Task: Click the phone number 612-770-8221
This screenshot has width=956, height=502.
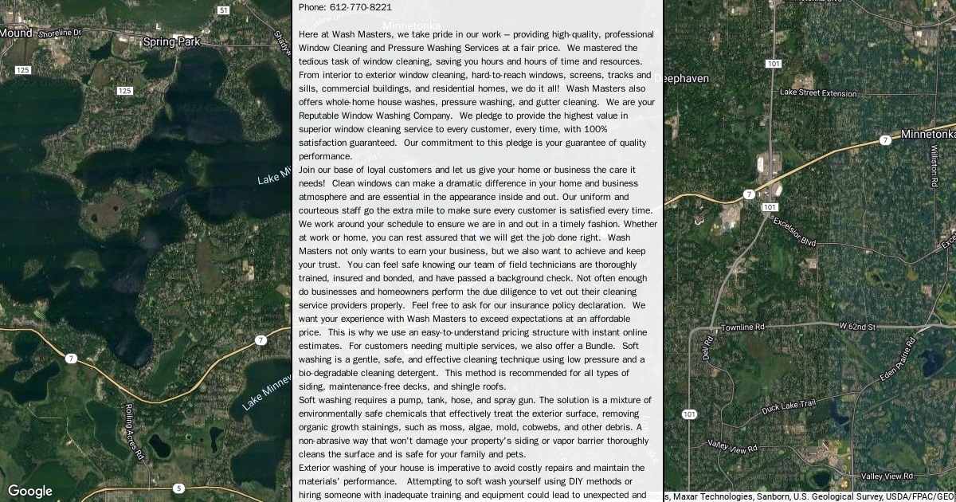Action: coord(360,7)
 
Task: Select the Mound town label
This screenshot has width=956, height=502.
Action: coord(15,33)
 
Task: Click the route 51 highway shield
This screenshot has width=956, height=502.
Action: coord(224,10)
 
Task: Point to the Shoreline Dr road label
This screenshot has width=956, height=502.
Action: coord(61,33)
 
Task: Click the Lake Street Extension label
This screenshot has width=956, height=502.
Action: coord(817,93)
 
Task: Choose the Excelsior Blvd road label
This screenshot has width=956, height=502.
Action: coord(794,232)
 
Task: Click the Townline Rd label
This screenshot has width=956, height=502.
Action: coord(742,327)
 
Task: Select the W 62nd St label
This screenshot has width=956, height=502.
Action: coord(857,327)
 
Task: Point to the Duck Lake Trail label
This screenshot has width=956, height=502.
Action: coord(788,407)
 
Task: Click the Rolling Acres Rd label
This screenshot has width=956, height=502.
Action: coord(133,431)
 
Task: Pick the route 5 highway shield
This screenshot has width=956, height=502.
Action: coord(178,488)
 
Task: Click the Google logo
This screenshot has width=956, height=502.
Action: coord(30,491)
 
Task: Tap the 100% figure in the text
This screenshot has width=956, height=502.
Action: coord(596,129)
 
